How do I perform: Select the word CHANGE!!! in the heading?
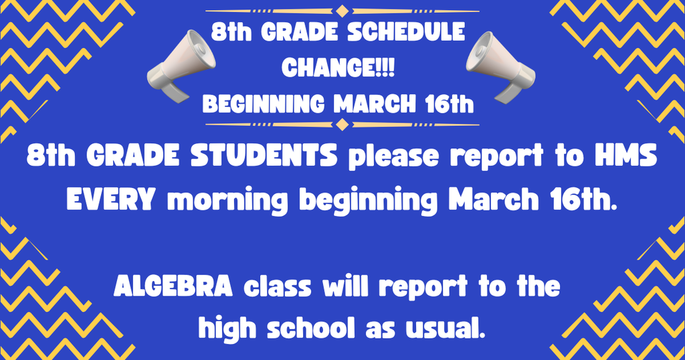pos(339,67)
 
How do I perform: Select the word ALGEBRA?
pos(173,287)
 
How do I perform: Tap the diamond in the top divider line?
pos(342,11)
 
